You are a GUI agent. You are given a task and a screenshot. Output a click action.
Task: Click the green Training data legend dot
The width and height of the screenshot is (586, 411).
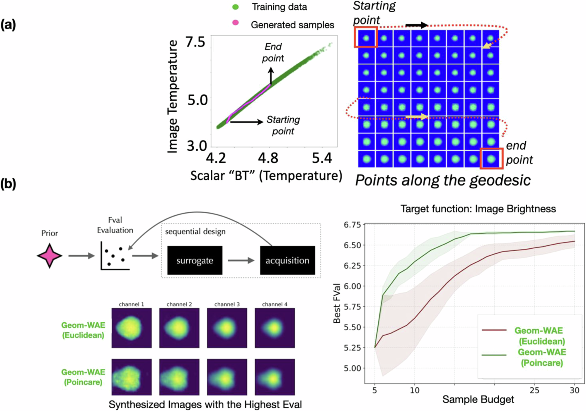click(235, 7)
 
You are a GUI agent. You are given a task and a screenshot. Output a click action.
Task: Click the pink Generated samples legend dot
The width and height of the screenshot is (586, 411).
click(235, 23)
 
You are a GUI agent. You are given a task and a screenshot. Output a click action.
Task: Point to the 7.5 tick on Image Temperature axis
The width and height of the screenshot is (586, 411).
click(195, 42)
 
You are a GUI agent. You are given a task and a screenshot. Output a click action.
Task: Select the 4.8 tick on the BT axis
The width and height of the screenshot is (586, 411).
click(268, 158)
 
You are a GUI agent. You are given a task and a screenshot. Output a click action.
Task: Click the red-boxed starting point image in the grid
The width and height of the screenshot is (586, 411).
click(366, 37)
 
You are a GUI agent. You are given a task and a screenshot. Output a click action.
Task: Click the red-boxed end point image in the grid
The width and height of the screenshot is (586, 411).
click(491, 159)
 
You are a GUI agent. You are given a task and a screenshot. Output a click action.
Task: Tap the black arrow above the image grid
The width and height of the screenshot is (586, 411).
click(417, 25)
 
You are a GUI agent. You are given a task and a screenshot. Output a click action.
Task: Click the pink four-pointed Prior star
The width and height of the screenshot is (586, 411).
click(50, 256)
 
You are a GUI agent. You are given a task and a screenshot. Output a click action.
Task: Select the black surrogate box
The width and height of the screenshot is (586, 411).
click(195, 260)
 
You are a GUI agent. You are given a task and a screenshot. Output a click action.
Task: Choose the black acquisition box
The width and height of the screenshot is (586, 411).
click(287, 260)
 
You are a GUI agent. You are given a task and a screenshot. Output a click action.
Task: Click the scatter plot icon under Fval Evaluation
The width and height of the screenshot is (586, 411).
click(115, 256)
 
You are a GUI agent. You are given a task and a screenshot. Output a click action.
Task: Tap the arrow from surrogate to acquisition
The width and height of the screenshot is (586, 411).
click(241, 260)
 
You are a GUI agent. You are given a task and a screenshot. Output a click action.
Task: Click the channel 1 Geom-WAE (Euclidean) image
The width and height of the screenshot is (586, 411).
click(132, 328)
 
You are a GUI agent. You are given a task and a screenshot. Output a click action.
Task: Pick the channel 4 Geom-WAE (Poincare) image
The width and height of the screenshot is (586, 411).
click(275, 377)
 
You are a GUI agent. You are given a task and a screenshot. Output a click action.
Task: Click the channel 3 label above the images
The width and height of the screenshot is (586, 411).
click(227, 304)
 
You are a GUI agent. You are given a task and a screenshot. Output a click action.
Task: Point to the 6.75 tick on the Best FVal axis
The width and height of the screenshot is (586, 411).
click(352, 225)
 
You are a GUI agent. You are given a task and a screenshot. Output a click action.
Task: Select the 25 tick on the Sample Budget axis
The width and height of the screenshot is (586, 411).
click(534, 390)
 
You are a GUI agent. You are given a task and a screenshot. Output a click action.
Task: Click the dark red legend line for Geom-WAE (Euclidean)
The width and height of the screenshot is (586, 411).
click(494, 330)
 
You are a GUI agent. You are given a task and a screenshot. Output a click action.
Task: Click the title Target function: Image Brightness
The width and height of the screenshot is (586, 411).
click(478, 209)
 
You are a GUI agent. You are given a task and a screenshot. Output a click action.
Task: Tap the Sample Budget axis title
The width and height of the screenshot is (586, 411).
click(478, 400)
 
